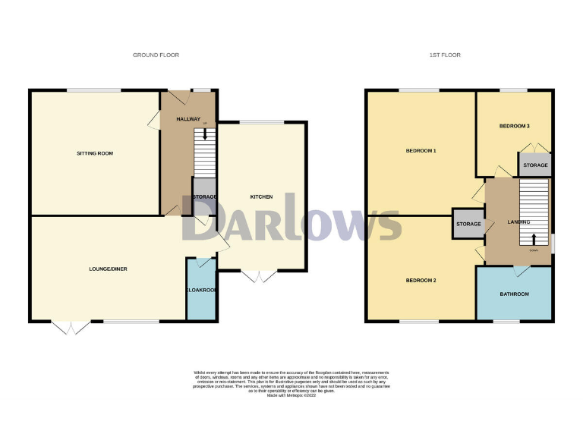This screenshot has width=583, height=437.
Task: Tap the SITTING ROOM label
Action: (95, 153)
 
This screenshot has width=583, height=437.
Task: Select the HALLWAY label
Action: (188, 120)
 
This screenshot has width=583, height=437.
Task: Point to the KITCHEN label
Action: (261, 197)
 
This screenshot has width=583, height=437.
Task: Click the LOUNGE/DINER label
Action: (107, 269)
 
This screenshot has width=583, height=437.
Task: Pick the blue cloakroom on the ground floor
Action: (201, 290)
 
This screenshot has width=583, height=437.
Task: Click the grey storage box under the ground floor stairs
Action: (203, 196)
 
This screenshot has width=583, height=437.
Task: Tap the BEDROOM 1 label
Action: (421, 151)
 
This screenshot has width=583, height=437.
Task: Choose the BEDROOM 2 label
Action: (421, 281)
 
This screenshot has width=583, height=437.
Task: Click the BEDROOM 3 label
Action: (514, 126)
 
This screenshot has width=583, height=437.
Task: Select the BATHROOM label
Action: (514, 294)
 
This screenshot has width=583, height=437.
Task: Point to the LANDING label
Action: (518, 222)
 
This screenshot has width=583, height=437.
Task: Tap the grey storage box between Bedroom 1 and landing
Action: (468, 225)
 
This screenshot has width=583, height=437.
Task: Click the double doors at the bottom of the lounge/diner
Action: (72, 327)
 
